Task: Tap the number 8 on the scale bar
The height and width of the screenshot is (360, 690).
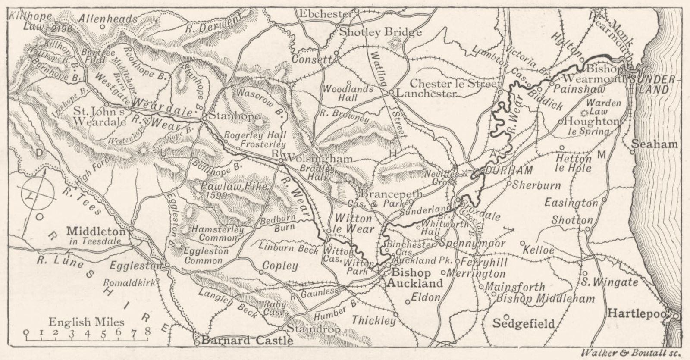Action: click(x=148, y=332)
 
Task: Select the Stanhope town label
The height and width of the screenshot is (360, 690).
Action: click(x=235, y=116)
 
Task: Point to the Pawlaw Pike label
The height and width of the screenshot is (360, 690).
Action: click(x=233, y=187)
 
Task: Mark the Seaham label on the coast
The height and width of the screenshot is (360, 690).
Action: click(x=655, y=144)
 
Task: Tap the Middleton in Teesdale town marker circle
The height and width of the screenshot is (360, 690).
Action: click(x=131, y=229)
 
